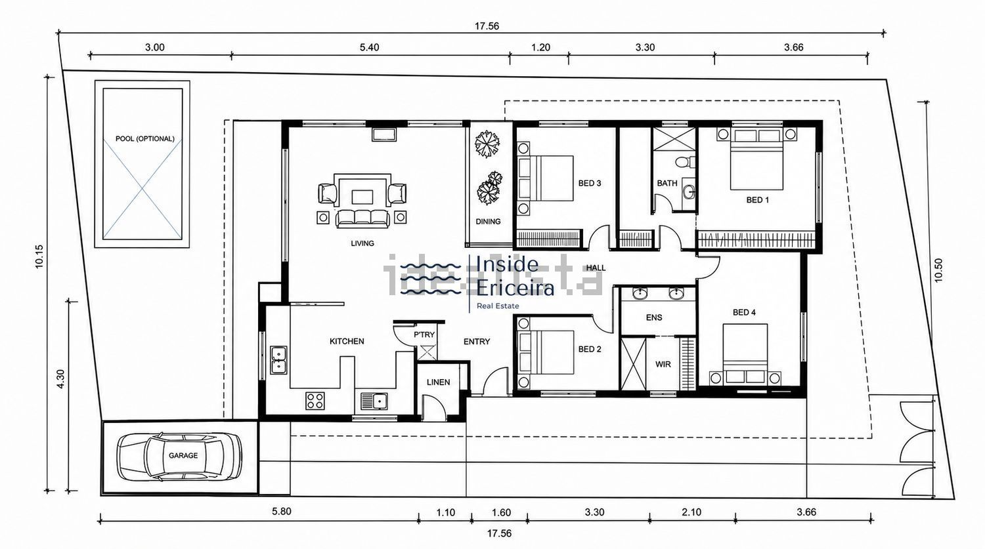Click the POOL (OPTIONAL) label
[144, 139]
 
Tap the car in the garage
[179, 457]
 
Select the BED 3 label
[589, 183]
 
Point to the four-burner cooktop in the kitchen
[315, 401]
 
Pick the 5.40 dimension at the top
[369, 47]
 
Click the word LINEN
[438, 382]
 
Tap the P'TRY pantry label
[424, 335]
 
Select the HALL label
[596, 268]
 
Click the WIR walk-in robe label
[663, 364]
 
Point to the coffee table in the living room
[362, 197]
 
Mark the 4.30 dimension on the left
[60, 378]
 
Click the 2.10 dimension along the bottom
[691, 512]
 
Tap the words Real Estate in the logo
[498, 306]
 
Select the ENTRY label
[477, 341]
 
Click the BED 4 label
[744, 312]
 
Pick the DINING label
[488, 221]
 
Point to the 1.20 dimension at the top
[540, 47]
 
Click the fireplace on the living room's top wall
[384, 134]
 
